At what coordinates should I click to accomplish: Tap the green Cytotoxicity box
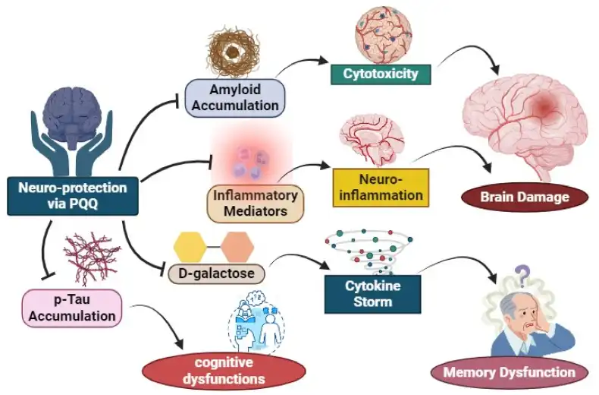click(x=381, y=74)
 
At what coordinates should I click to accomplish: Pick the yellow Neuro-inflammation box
click(x=381, y=187)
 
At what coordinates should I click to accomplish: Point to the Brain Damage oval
click(x=525, y=197)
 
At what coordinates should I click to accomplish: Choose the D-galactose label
click(x=217, y=272)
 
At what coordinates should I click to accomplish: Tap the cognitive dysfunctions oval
click(x=224, y=370)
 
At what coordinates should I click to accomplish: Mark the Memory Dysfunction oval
click(x=509, y=372)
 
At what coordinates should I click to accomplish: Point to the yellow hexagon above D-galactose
click(x=190, y=246)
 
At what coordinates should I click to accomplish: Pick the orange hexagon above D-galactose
click(x=237, y=246)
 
